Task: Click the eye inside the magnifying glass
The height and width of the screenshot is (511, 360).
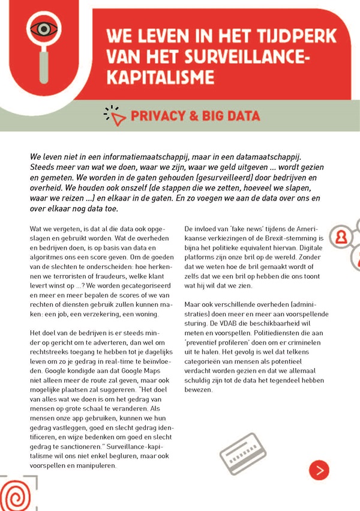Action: pyautogui.click(x=43, y=28)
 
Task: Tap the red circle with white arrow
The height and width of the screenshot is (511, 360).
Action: pyautogui.click(x=319, y=469)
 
